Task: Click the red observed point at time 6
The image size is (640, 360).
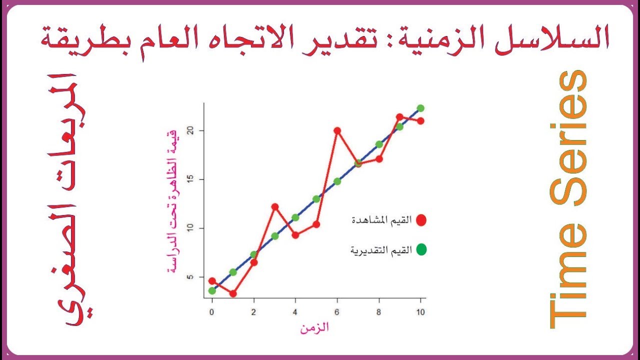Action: [337, 130]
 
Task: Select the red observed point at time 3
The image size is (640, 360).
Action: [274, 206]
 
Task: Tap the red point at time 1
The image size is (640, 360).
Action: [233, 293]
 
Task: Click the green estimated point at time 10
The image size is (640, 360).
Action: [420, 108]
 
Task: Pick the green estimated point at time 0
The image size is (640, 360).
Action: [212, 290]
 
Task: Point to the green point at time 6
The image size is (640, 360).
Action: [337, 181]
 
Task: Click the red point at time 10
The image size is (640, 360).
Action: [420, 120]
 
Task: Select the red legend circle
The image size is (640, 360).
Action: [421, 220]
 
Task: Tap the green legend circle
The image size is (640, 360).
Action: [421, 249]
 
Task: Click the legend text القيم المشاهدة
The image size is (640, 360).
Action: [382, 220]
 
